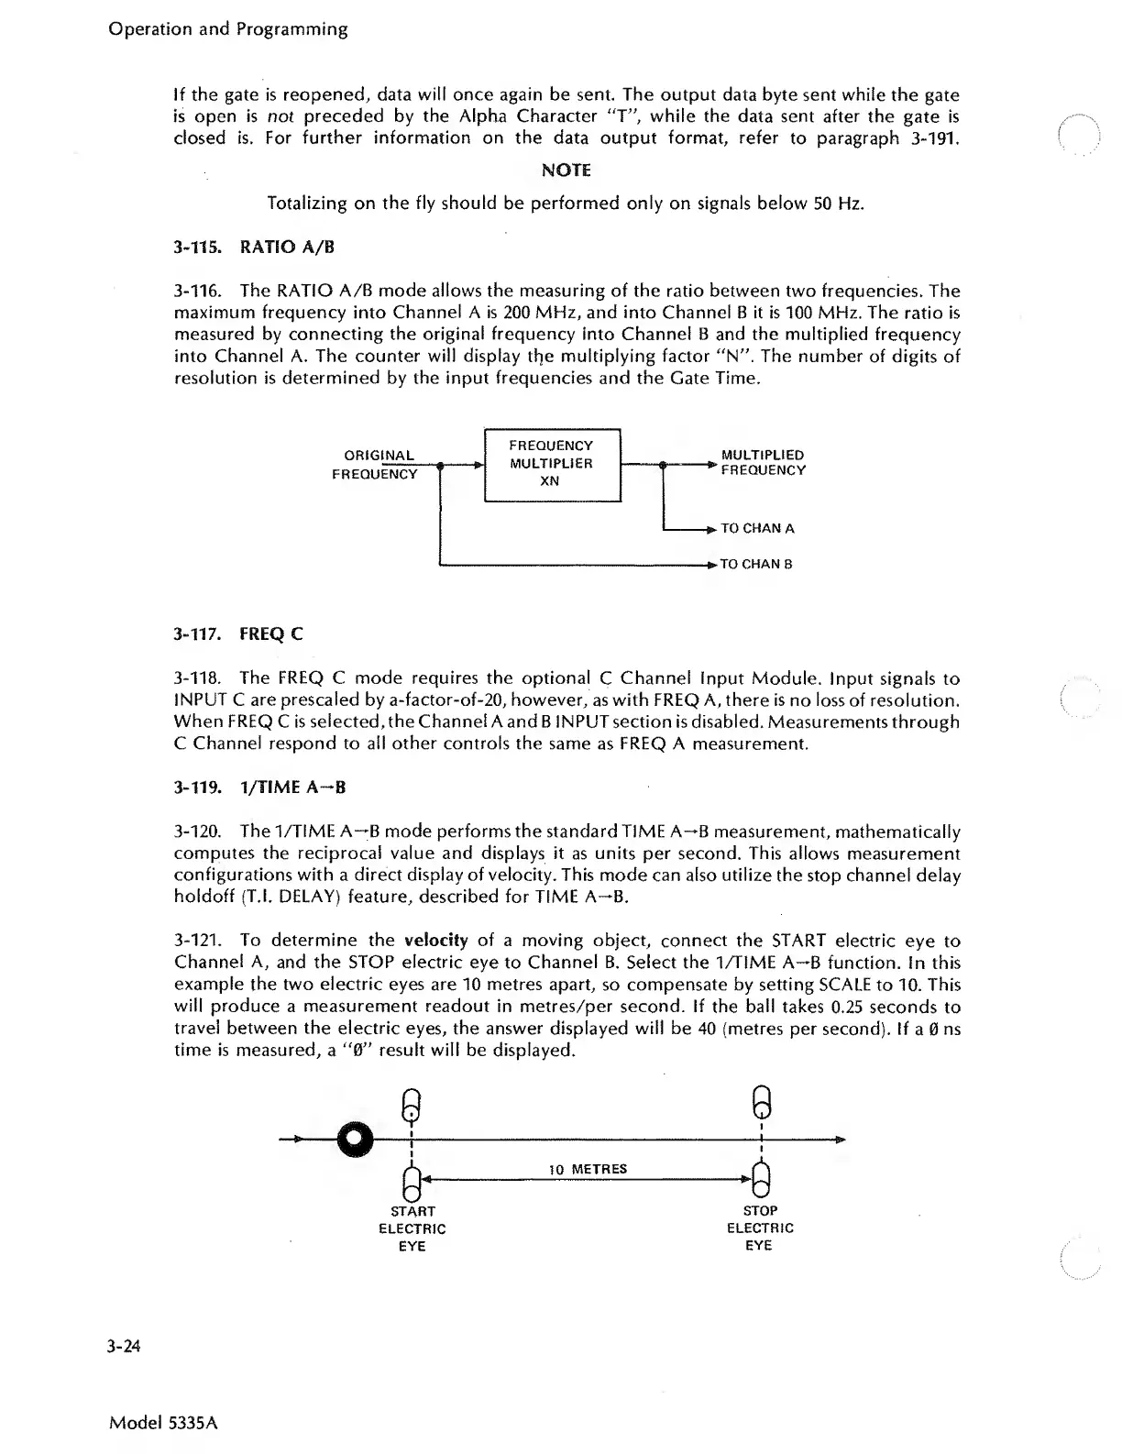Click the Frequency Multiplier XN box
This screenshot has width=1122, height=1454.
[x=552, y=464]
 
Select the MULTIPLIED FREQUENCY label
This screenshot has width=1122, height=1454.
[x=763, y=463]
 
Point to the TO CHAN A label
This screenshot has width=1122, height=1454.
[x=757, y=528]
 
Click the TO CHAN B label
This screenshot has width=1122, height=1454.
[x=756, y=564]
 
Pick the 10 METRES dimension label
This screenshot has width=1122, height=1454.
[x=588, y=1169]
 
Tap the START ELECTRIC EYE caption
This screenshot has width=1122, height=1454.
[x=412, y=1228]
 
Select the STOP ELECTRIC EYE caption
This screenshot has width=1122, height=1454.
[x=760, y=1228]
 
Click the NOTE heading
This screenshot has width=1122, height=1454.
[x=566, y=171]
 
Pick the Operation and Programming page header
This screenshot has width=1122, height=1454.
[x=228, y=29]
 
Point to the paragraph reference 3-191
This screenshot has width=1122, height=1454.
[x=929, y=138]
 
